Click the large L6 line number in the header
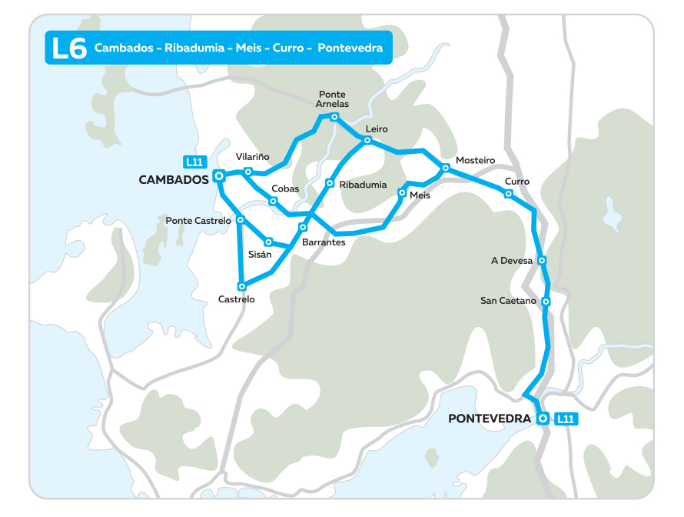point(68,48)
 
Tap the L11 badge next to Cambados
point(194,162)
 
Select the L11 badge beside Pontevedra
point(566,419)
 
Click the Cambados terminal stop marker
point(219,175)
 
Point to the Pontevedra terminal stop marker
point(543,419)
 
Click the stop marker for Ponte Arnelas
point(334,117)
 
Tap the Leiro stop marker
point(367,140)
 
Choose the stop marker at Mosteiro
point(446,168)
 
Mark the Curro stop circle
point(508,194)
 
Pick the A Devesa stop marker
point(543,261)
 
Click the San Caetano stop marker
point(546,302)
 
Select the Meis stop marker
point(402,193)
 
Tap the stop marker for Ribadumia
point(329,183)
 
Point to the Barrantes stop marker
point(303,228)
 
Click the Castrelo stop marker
point(242,286)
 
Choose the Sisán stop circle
point(269,241)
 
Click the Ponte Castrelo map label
point(198,221)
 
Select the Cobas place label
point(284,189)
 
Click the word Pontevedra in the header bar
point(350,48)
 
